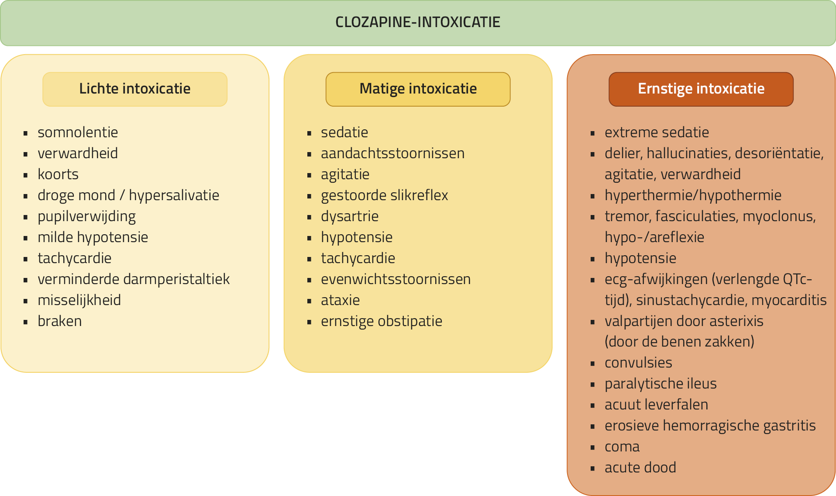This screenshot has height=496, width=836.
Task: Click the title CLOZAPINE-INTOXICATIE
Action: point(418,22)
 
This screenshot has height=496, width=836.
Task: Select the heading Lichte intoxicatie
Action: point(135,89)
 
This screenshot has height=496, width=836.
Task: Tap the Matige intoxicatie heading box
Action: point(418,89)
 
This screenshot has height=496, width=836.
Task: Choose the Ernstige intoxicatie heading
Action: point(701,89)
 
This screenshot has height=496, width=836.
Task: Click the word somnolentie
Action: point(78,132)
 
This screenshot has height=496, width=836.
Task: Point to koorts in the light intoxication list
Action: point(58,174)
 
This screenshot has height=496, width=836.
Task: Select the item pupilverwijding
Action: point(86,216)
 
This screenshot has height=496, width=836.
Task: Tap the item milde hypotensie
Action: point(93,237)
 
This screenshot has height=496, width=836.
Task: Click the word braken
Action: point(60,321)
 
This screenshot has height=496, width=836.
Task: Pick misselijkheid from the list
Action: point(79,300)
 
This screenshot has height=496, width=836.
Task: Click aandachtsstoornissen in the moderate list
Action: point(392,153)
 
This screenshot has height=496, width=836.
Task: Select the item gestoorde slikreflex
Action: point(384,195)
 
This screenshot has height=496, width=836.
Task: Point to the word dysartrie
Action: point(350,216)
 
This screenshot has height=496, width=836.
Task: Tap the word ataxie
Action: point(340,300)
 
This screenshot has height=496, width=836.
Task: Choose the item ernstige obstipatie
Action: point(382,321)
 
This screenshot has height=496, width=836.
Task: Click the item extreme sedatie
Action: point(657,132)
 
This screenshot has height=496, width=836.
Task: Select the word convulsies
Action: point(638,363)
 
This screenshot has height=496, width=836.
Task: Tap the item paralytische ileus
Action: point(661,384)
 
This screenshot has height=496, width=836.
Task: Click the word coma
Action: point(622,447)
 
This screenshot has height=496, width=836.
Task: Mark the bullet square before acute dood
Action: point(592,468)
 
